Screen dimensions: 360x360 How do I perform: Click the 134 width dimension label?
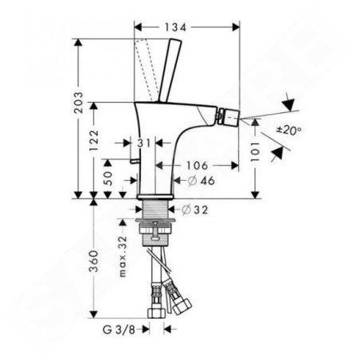click(175, 27)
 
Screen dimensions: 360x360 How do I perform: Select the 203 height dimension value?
click(78, 103)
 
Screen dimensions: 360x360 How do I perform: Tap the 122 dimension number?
click(93, 140)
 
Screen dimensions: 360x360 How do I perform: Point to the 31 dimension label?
click(144, 143)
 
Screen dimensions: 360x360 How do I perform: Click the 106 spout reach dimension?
click(197, 166)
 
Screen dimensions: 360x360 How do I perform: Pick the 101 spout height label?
click(255, 151)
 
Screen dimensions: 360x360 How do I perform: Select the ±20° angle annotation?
click(289, 130)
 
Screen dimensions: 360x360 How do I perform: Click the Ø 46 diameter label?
click(201, 181)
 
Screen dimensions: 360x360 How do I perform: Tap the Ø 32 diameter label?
click(195, 210)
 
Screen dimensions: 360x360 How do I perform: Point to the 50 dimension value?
click(108, 178)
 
